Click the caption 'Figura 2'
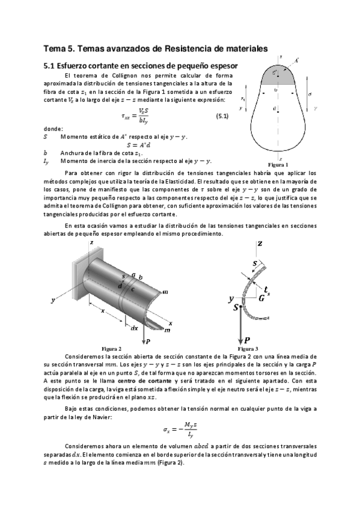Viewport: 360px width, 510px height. point(112,348)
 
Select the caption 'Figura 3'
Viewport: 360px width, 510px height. point(248,348)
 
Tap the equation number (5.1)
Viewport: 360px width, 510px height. point(221,116)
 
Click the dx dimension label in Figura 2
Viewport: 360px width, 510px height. point(133,327)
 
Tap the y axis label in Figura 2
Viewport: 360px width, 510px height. point(53,299)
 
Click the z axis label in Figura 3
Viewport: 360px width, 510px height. point(260,244)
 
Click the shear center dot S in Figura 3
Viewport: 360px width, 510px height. point(241,306)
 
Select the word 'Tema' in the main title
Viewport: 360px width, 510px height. point(57,48)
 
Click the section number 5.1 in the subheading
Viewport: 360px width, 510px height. point(50,65)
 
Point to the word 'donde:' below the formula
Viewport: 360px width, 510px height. point(53,129)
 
